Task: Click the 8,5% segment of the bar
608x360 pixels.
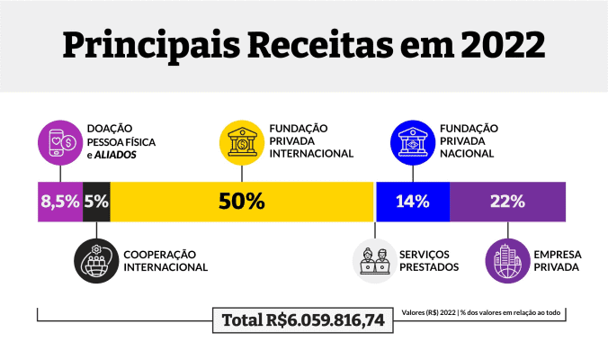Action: pos(60,202)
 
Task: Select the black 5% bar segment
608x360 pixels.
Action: pos(96,202)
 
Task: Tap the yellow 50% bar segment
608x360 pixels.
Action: pos(241,202)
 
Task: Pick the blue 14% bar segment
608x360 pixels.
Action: pos(412,202)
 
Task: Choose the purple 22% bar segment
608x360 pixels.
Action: pos(507,202)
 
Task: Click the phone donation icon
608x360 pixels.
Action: pos(60,140)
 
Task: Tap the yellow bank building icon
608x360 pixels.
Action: pos(241,140)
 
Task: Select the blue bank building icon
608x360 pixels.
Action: pos(412,140)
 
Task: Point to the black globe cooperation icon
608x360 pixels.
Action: pos(96,259)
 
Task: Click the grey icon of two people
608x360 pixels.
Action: pos(375,259)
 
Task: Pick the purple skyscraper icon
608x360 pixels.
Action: pos(507,259)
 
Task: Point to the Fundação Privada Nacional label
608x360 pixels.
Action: pos(469,140)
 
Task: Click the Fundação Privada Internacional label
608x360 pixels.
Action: pos(311,140)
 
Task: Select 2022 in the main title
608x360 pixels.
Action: pos(500,43)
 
